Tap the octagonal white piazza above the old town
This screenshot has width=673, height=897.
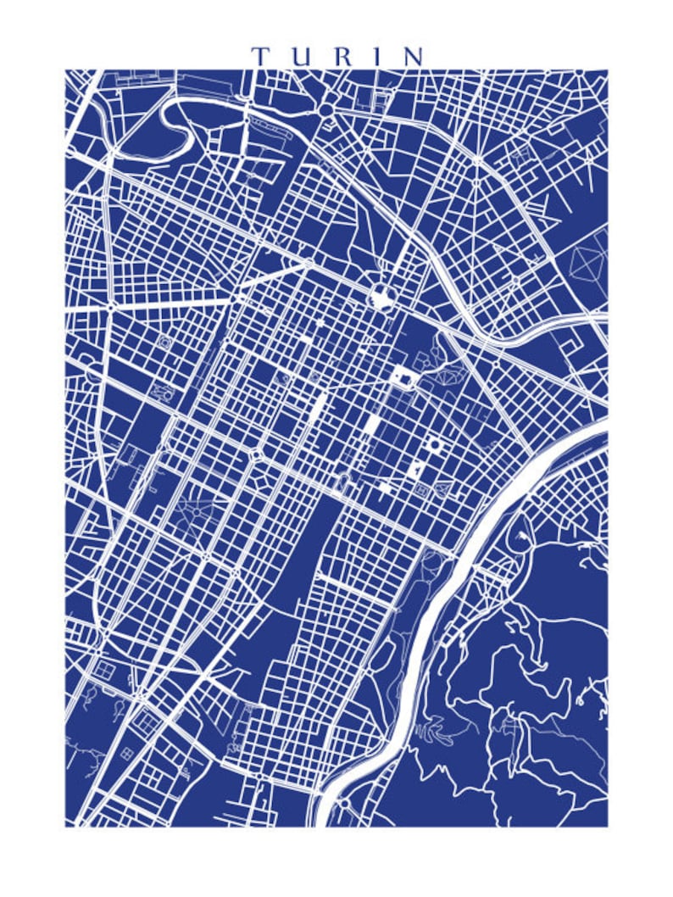tap(381, 296)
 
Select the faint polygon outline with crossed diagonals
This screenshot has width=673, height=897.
tap(590, 263)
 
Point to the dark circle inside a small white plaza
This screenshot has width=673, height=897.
tap(435, 443)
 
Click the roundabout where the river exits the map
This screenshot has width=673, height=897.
tap(344, 804)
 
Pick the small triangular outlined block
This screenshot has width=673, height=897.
tap(443, 490)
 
